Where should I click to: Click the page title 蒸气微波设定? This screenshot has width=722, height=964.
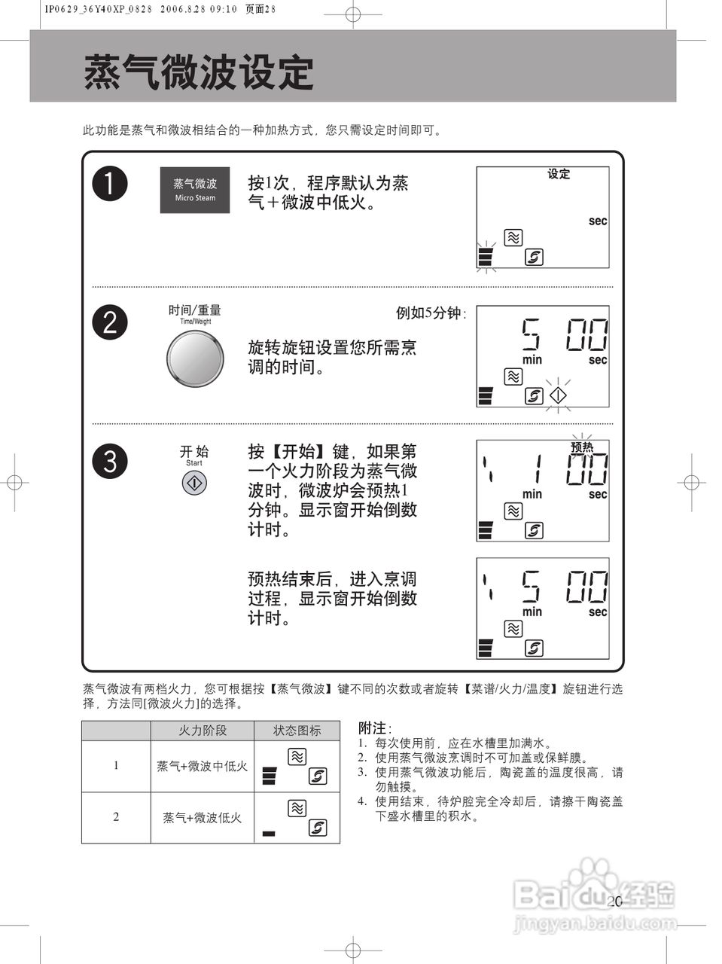199,72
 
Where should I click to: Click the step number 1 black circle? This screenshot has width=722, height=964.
110,184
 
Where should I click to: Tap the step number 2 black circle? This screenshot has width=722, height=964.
110,322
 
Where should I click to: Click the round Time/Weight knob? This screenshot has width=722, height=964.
195,358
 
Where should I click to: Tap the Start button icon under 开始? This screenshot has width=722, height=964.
194,483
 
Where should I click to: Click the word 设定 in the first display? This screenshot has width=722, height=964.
559,174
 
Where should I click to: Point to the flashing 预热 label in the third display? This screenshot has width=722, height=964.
582,446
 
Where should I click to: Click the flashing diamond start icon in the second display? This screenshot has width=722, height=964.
558,395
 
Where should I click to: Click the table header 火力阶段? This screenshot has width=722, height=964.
202,731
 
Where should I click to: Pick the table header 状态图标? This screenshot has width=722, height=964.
297,731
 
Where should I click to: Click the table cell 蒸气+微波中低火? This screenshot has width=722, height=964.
202,766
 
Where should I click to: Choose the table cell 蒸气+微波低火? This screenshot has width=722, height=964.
202,817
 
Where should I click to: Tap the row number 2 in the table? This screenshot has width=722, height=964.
116,817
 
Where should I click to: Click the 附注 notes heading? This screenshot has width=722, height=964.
374,728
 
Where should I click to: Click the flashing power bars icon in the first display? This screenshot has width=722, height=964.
486,257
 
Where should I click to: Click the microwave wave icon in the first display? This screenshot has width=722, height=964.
513,238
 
